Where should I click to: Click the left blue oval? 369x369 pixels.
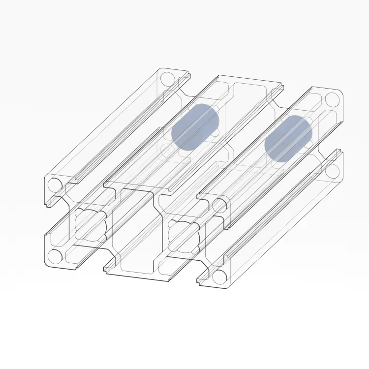[x=194, y=126]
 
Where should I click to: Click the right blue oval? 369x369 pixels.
[x=289, y=139]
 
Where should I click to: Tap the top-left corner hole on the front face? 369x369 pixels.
[x=55, y=185]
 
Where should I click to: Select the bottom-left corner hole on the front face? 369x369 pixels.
[x=55, y=255]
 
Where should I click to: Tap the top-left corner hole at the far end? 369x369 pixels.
[x=167, y=79]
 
